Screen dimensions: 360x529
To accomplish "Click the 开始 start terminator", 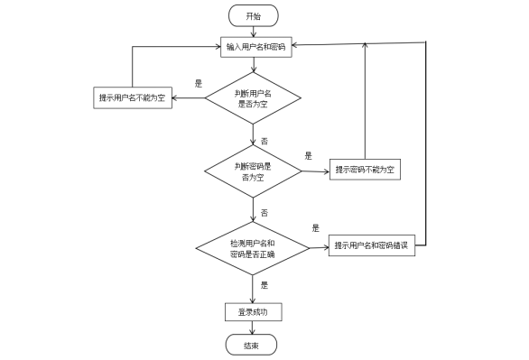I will pyautogui.click(x=254, y=15).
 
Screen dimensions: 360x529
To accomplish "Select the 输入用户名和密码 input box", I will pyautogui.click(x=256, y=47).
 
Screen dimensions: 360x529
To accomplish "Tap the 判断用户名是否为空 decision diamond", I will pyautogui.click(x=253, y=98).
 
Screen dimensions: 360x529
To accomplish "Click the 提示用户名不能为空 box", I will pyautogui.click(x=133, y=97).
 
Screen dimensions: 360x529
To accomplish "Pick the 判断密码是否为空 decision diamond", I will pyautogui.click(x=253, y=171).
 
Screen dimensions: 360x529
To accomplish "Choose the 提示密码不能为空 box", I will pyautogui.click(x=365, y=170).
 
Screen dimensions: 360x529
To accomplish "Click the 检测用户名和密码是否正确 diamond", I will pyautogui.click(x=253, y=248).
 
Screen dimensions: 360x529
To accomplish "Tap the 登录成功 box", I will pyautogui.click(x=253, y=312).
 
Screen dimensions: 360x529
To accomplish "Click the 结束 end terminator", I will pyautogui.click(x=252, y=345).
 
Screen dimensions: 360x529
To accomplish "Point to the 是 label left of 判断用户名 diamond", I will pyautogui.click(x=199, y=83).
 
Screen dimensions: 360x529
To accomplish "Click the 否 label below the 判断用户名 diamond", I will pyautogui.click(x=264, y=142).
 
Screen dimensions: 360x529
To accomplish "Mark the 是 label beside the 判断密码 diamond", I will pyautogui.click(x=308, y=155).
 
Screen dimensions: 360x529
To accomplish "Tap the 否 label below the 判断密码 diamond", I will pyautogui.click(x=264, y=212).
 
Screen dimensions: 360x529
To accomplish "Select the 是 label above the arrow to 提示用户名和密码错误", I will pyautogui.click(x=316, y=228).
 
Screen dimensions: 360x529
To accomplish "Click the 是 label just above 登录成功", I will pyautogui.click(x=264, y=285).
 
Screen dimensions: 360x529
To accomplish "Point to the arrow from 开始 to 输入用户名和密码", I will pyautogui.click(x=255, y=32).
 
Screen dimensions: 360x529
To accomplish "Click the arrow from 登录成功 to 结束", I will pyautogui.click(x=253, y=328).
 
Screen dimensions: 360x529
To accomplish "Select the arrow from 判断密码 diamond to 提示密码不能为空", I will pyautogui.click(x=315, y=171).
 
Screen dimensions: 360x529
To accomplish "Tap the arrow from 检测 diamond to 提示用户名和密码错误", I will pyautogui.click(x=319, y=247).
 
